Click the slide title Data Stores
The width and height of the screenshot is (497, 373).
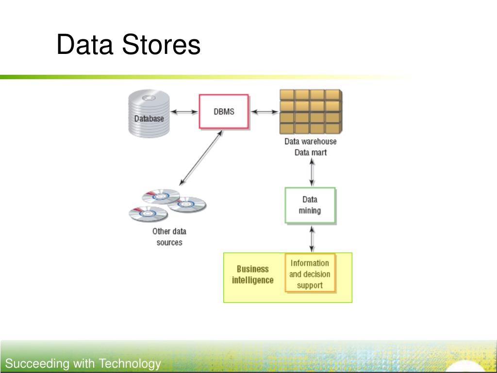(x=128, y=44)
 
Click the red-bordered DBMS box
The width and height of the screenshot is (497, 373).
(x=224, y=111)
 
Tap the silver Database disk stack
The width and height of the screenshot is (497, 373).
(x=149, y=113)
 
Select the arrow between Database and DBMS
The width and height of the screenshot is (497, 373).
(x=184, y=112)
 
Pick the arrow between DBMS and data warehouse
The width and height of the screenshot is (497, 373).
(x=265, y=112)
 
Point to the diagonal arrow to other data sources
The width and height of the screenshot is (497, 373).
(x=201, y=158)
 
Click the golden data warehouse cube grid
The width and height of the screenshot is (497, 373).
(x=311, y=112)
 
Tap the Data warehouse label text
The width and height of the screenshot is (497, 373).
(x=310, y=141)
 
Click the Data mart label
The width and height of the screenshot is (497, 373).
(x=310, y=153)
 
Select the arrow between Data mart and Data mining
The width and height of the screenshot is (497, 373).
(x=312, y=172)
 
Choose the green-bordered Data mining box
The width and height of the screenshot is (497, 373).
(x=310, y=205)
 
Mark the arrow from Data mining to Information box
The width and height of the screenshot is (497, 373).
(x=312, y=239)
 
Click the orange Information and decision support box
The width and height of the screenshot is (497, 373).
(x=310, y=273)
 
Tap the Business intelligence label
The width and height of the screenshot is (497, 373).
(x=252, y=274)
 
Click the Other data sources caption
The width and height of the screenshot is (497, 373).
(x=169, y=237)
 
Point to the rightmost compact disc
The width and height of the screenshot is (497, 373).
(x=187, y=204)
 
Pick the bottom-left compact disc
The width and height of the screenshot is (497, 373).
(x=148, y=214)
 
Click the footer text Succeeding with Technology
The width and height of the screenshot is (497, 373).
(x=83, y=363)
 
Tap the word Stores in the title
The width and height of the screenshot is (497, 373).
(x=161, y=44)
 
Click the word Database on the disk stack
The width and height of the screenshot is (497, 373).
(x=149, y=119)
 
